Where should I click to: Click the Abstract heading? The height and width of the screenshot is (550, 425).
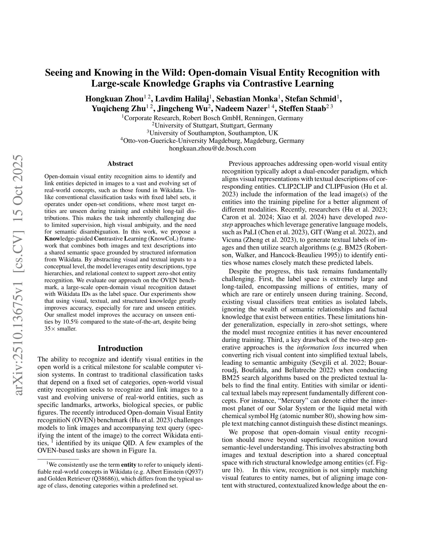(120, 164)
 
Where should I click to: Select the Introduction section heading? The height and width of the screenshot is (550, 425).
(120, 348)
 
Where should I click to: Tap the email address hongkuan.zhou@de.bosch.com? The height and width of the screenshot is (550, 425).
(212, 148)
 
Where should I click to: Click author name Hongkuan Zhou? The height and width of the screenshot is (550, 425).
(114, 99)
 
